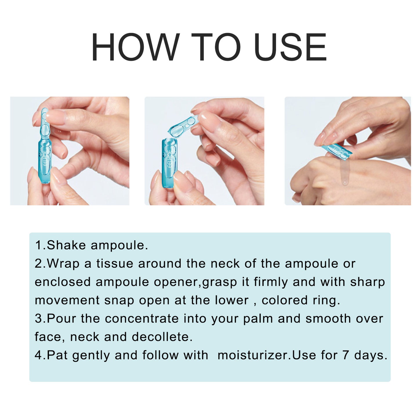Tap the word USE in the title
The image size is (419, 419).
(290, 47)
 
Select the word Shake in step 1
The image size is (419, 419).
(66, 245)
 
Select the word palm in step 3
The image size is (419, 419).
(258, 319)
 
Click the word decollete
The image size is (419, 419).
(162, 337)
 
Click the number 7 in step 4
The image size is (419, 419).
(345, 355)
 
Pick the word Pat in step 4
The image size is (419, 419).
(57, 355)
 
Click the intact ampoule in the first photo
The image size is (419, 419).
(44, 145)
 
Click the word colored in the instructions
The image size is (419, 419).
(284, 300)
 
